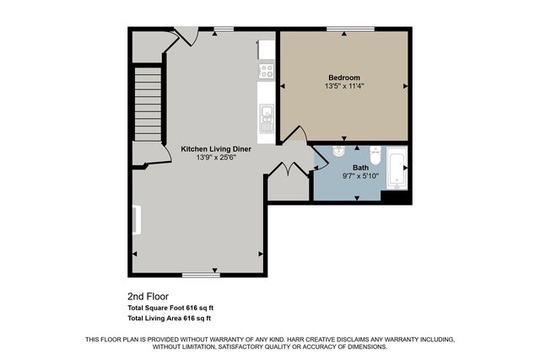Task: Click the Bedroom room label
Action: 343,78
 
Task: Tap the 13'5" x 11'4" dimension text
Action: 343,87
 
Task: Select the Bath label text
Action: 359,168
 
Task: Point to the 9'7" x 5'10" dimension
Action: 359,176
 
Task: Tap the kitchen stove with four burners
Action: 267,71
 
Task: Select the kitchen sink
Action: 267,112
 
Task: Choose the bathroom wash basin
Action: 336,152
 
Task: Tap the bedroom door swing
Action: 294,136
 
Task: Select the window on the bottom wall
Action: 201,275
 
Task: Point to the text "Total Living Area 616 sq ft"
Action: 169,319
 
